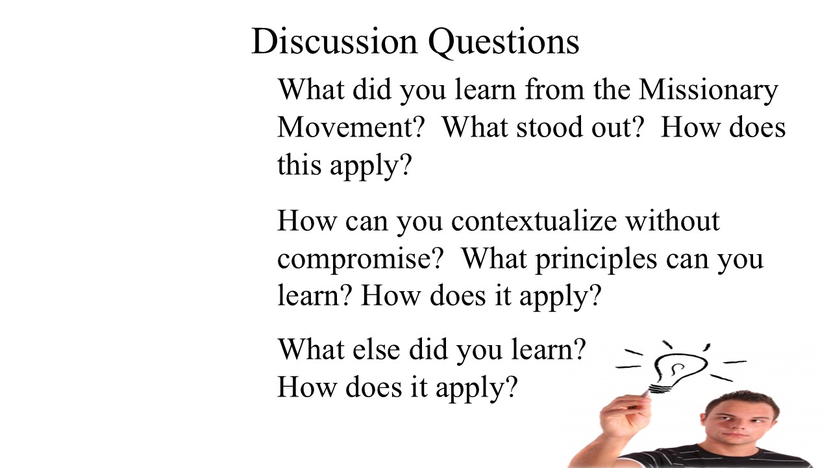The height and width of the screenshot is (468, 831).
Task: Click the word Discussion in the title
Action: point(334,41)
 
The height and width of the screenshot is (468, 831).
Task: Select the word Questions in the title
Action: point(503,43)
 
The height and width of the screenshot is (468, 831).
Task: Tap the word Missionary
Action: point(708,91)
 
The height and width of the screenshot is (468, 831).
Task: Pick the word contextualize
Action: point(534,220)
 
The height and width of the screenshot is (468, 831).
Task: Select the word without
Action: point(672,220)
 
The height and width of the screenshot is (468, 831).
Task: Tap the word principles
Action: point(596,260)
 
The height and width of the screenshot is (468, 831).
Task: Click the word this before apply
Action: point(299,164)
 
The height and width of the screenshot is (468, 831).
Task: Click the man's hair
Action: point(742,403)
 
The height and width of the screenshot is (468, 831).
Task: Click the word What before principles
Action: point(494,259)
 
